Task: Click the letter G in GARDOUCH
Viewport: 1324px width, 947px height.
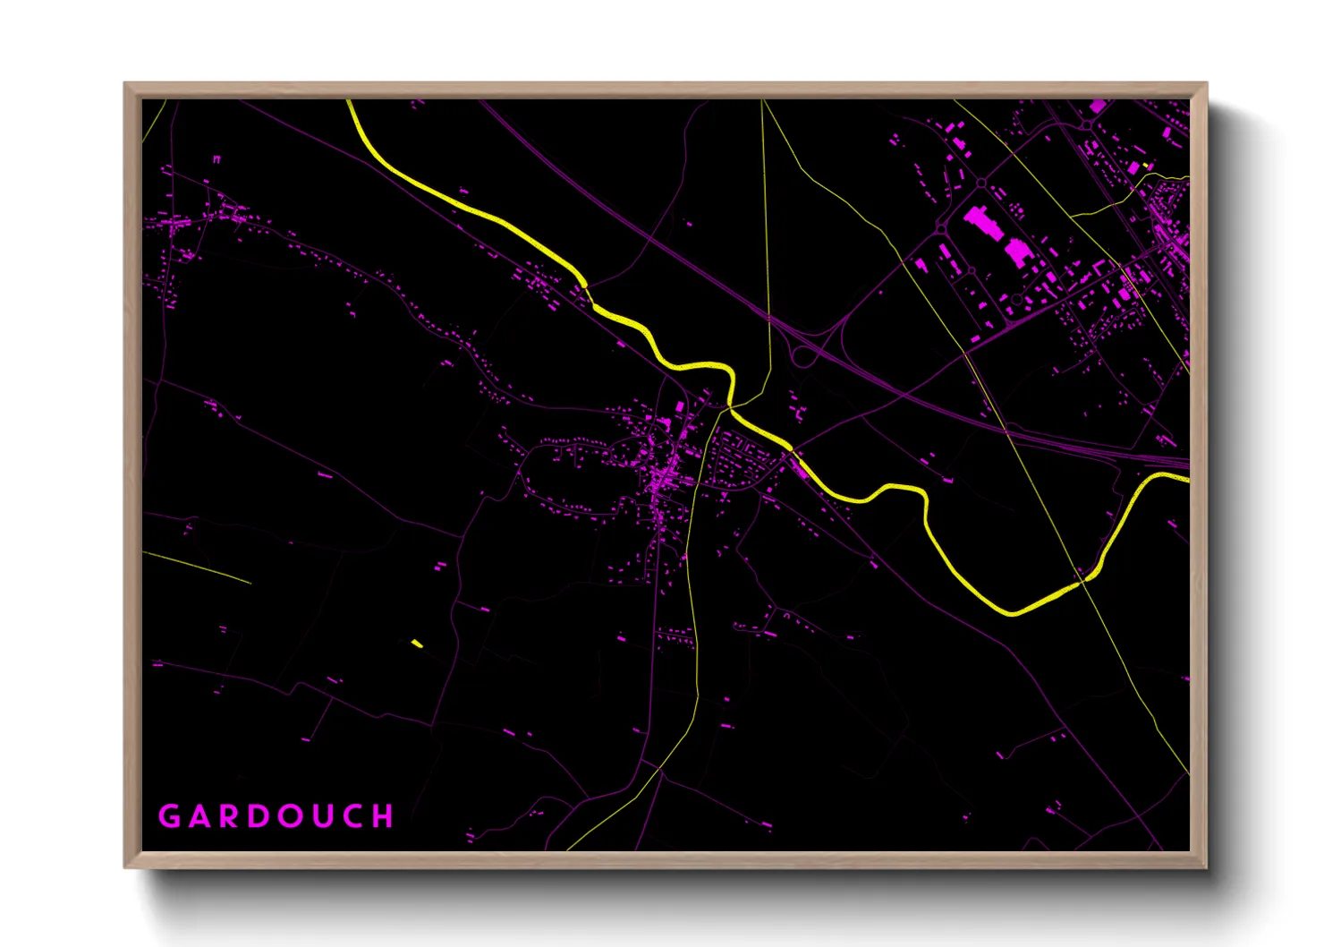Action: pyautogui.click(x=169, y=816)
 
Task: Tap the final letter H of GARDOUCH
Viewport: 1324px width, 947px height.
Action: pyautogui.click(x=384, y=816)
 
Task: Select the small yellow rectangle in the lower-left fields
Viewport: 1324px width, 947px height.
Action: pyautogui.click(x=417, y=644)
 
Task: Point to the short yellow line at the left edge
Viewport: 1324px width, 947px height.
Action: pyautogui.click(x=197, y=567)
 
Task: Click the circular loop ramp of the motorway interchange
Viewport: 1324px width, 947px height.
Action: pyautogui.click(x=803, y=355)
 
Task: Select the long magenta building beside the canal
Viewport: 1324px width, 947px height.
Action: pyautogui.click(x=799, y=467)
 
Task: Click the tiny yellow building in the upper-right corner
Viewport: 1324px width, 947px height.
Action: pyautogui.click(x=1146, y=166)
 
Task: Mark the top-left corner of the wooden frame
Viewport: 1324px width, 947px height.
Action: pyautogui.click(x=125, y=84)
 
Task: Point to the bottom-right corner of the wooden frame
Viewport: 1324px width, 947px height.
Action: pyautogui.click(x=1206, y=866)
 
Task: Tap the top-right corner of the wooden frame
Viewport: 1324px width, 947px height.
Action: pyautogui.click(x=1206, y=84)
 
